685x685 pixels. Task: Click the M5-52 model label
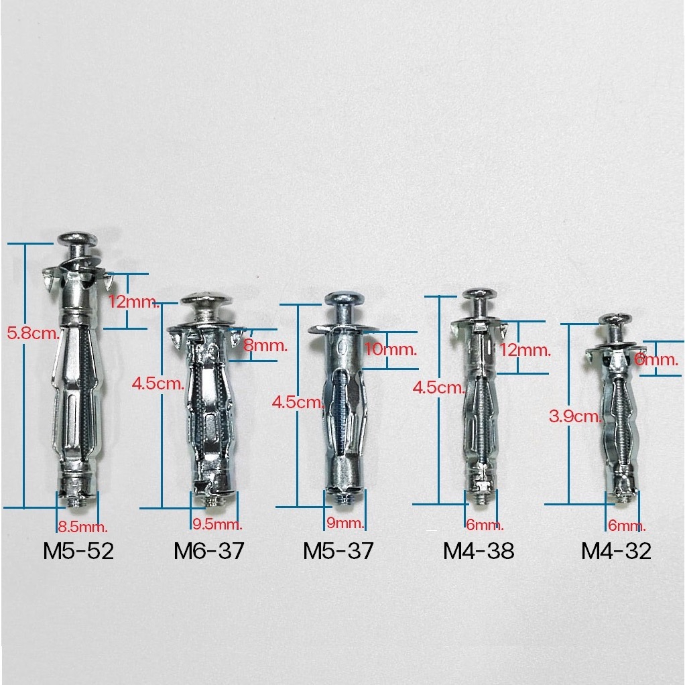point(78,551)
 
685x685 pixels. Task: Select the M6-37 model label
point(209,551)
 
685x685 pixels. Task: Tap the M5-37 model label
point(338,551)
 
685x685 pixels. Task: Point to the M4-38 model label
point(479,551)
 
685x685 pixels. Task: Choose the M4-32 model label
point(617,551)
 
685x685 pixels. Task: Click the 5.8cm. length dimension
point(34,334)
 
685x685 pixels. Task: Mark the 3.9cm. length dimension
point(576,416)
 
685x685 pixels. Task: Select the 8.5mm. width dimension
point(82,527)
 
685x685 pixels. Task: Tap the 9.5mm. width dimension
point(217,524)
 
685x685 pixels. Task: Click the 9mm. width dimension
point(345,523)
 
